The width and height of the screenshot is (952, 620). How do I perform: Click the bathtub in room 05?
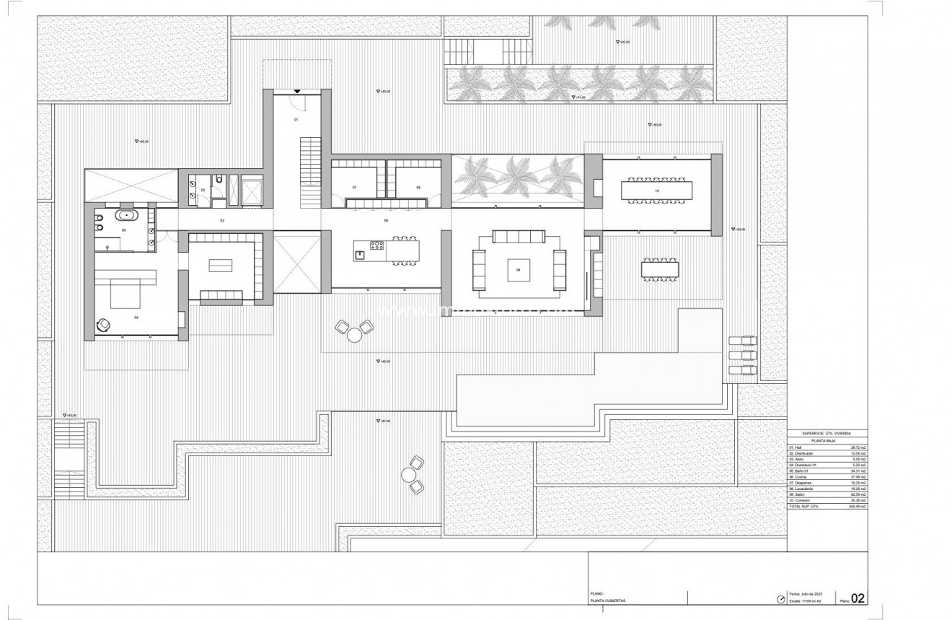128,214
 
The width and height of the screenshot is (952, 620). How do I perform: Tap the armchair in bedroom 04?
105,326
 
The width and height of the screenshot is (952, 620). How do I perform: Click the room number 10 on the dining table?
656,191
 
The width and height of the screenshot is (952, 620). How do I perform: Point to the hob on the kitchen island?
377,249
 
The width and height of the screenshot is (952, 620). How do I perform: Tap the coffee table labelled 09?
518,269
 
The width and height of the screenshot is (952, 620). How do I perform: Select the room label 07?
354,188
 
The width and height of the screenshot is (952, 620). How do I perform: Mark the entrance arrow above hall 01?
296,91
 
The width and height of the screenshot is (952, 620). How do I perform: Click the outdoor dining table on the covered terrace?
659,269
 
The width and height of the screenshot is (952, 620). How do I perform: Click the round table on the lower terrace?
409,475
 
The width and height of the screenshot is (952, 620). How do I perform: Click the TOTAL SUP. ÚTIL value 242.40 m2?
857,507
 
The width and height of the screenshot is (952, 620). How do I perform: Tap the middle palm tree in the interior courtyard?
517,175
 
